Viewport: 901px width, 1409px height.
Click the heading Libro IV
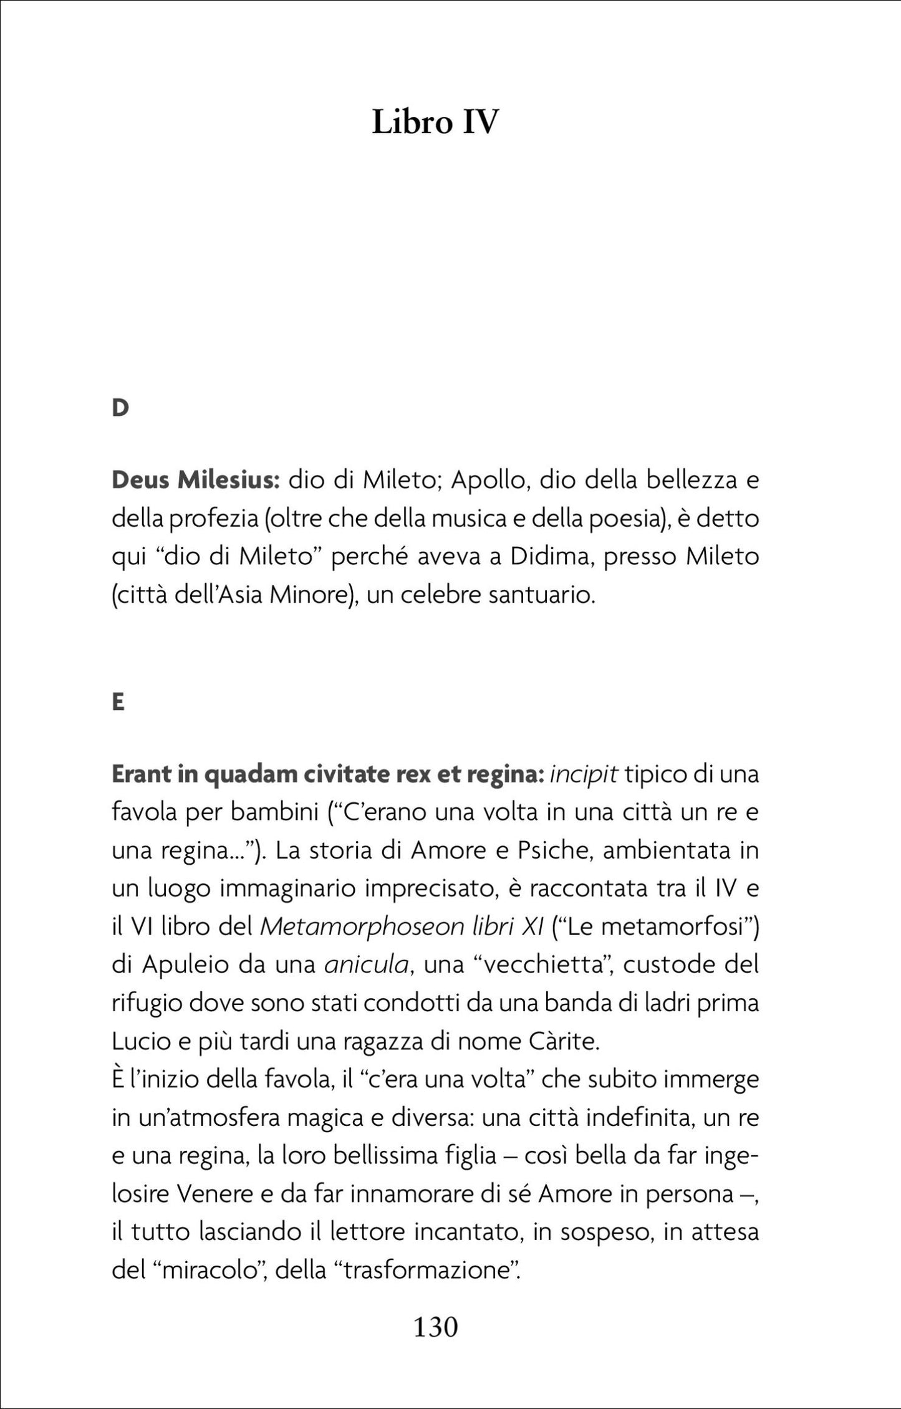pyautogui.click(x=435, y=122)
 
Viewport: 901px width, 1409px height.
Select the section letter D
pyautogui.click(x=120, y=408)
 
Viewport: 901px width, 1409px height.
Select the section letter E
pyautogui.click(x=118, y=703)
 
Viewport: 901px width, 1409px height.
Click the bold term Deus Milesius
pyautogui.click(x=195, y=481)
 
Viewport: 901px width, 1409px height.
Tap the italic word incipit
pyautogui.click(x=583, y=775)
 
